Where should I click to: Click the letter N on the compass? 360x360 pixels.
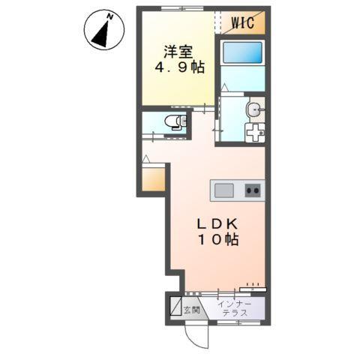109,15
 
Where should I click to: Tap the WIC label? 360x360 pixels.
241,22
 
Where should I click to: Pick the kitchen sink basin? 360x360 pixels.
224,190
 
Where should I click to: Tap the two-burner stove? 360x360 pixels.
253,190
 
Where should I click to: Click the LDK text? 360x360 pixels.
217,223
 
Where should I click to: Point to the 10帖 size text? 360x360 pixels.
217,241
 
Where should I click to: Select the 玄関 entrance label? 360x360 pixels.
190,309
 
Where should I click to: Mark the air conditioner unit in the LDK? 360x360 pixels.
253,286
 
